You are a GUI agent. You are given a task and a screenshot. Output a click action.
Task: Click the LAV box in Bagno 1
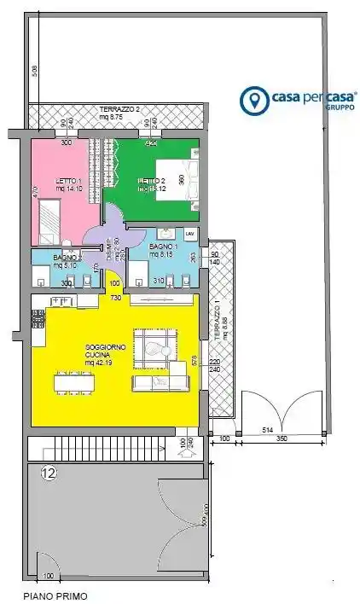pos(190,233)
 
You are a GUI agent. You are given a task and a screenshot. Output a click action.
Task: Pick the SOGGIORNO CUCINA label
pos(106,351)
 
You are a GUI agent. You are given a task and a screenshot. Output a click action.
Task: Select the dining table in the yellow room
pos(74,383)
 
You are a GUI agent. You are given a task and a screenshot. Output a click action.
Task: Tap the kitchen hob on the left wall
pos(38,319)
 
